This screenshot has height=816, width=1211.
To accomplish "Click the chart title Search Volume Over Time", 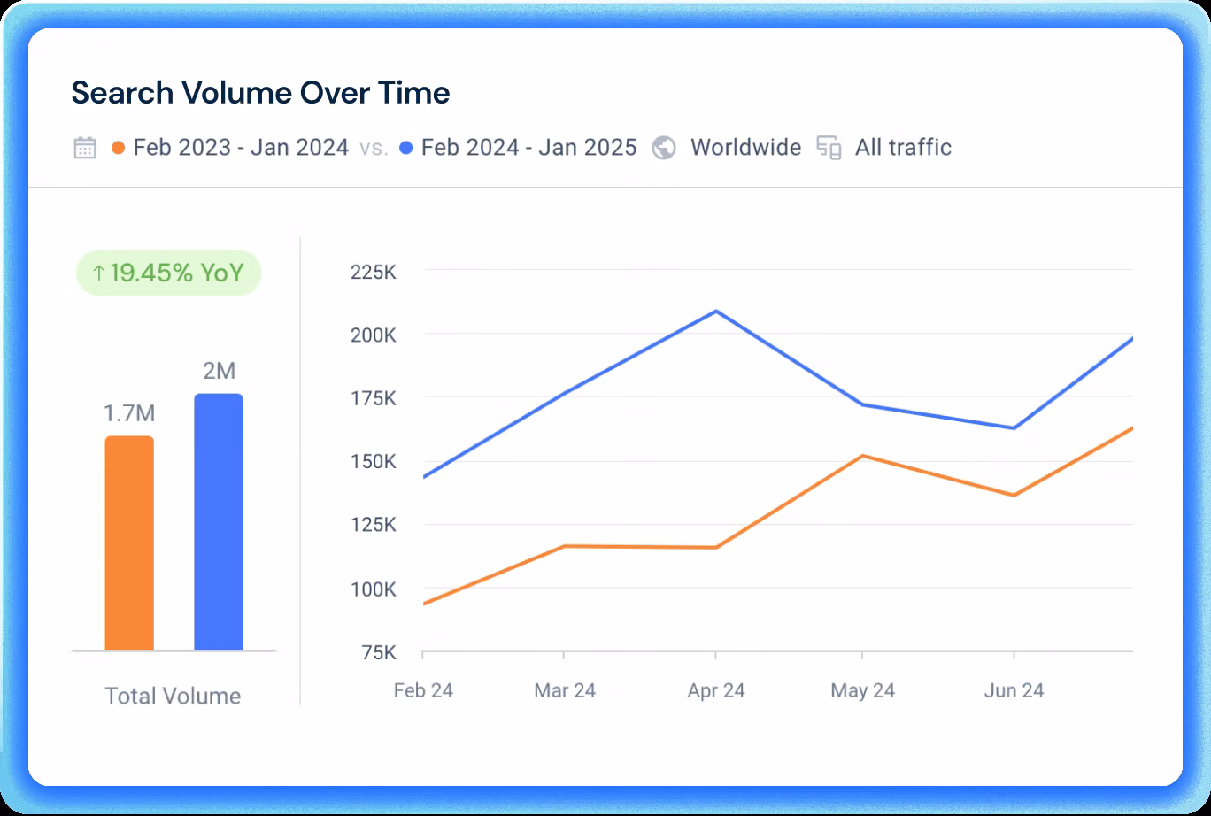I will pyautogui.click(x=260, y=93).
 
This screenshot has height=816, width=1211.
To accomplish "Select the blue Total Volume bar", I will pyautogui.click(x=218, y=522).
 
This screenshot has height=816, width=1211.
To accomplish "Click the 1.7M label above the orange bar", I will pyautogui.click(x=129, y=413).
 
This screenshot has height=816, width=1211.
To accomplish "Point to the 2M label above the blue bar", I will pyautogui.click(x=219, y=371).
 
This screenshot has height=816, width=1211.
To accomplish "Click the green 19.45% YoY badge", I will pyautogui.click(x=168, y=273).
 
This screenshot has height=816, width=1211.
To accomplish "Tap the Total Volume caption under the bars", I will pyautogui.click(x=173, y=697).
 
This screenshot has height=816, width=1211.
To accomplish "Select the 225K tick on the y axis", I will pyautogui.click(x=373, y=272).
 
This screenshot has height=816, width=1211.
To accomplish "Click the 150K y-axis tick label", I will pyautogui.click(x=373, y=462).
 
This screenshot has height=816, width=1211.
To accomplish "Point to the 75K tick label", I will pyautogui.click(x=377, y=653).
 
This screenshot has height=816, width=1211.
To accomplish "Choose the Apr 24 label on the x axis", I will pyautogui.click(x=715, y=690).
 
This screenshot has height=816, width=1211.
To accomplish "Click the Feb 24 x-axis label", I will pyautogui.click(x=423, y=690).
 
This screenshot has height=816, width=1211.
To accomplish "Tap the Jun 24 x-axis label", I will pyautogui.click(x=1014, y=690).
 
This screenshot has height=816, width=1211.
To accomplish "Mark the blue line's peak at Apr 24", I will pyautogui.click(x=715, y=311).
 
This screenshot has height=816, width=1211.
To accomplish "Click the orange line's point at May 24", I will pyautogui.click(x=862, y=456).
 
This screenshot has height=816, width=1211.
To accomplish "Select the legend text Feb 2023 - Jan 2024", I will pyautogui.click(x=241, y=148).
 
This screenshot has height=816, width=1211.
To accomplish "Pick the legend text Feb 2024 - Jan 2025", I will pyautogui.click(x=528, y=148).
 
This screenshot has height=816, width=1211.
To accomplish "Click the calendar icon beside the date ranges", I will pyautogui.click(x=85, y=148).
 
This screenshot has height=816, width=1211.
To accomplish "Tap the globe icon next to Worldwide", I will pyautogui.click(x=664, y=148).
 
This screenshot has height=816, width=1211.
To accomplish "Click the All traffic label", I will pyautogui.click(x=903, y=148).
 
